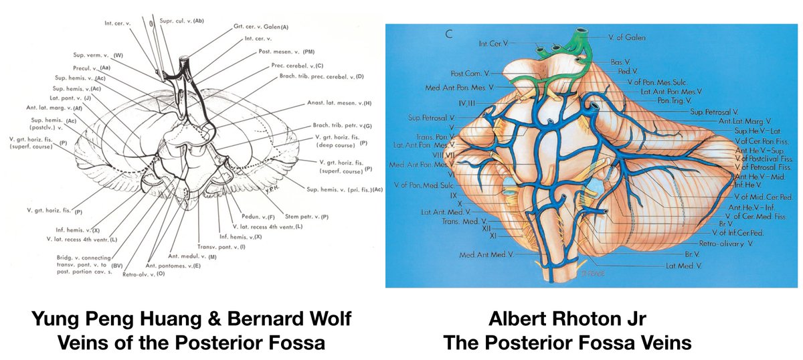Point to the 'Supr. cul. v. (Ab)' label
[181, 21]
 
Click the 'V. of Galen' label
[627, 37]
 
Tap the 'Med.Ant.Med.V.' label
[486, 254]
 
